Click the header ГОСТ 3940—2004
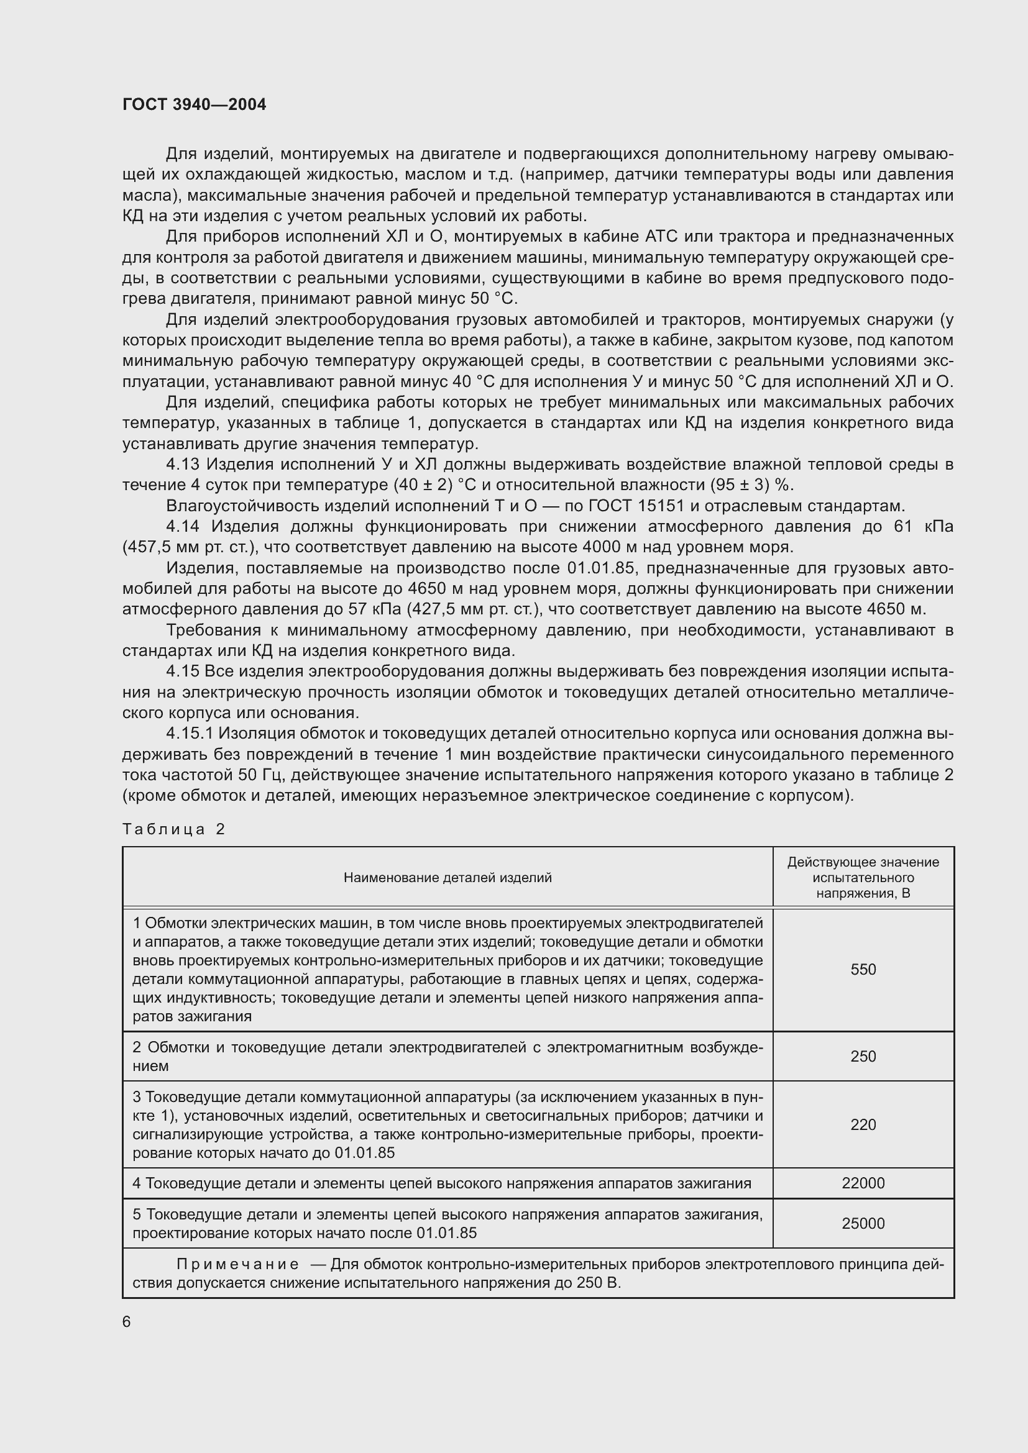tap(195, 104)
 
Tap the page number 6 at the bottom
tap(127, 1321)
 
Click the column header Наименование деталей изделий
tap(447, 877)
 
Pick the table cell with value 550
tap(863, 970)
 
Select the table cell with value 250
tap(863, 1056)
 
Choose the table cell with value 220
tap(863, 1124)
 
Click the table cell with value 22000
tap(863, 1183)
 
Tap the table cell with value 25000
tap(863, 1223)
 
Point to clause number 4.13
tap(183, 465)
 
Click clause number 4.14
tap(183, 527)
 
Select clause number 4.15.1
tap(192, 734)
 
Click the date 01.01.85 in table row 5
tap(446, 1232)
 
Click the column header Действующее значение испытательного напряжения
tap(863, 877)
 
